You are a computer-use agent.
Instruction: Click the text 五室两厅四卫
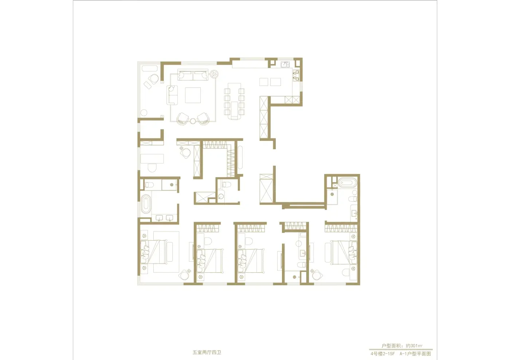click(x=207, y=352)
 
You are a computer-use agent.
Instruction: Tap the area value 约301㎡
click(x=414, y=346)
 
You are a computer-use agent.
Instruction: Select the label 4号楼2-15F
click(x=382, y=354)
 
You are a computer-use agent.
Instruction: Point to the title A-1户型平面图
click(x=415, y=354)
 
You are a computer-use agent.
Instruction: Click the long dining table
click(x=234, y=101)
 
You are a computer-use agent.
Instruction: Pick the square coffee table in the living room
click(x=193, y=95)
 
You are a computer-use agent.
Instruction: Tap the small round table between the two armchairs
click(x=193, y=121)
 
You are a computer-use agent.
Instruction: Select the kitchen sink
click(x=285, y=65)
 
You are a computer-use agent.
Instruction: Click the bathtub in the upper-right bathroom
click(x=348, y=183)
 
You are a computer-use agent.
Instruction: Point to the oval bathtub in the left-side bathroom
click(x=146, y=204)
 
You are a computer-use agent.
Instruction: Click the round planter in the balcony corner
click(x=144, y=112)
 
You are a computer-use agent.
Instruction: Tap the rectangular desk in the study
click(x=152, y=159)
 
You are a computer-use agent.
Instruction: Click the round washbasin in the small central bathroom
click(x=221, y=197)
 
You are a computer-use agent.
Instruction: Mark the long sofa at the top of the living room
click(x=193, y=75)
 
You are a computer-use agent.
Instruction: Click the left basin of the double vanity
click(x=160, y=218)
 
